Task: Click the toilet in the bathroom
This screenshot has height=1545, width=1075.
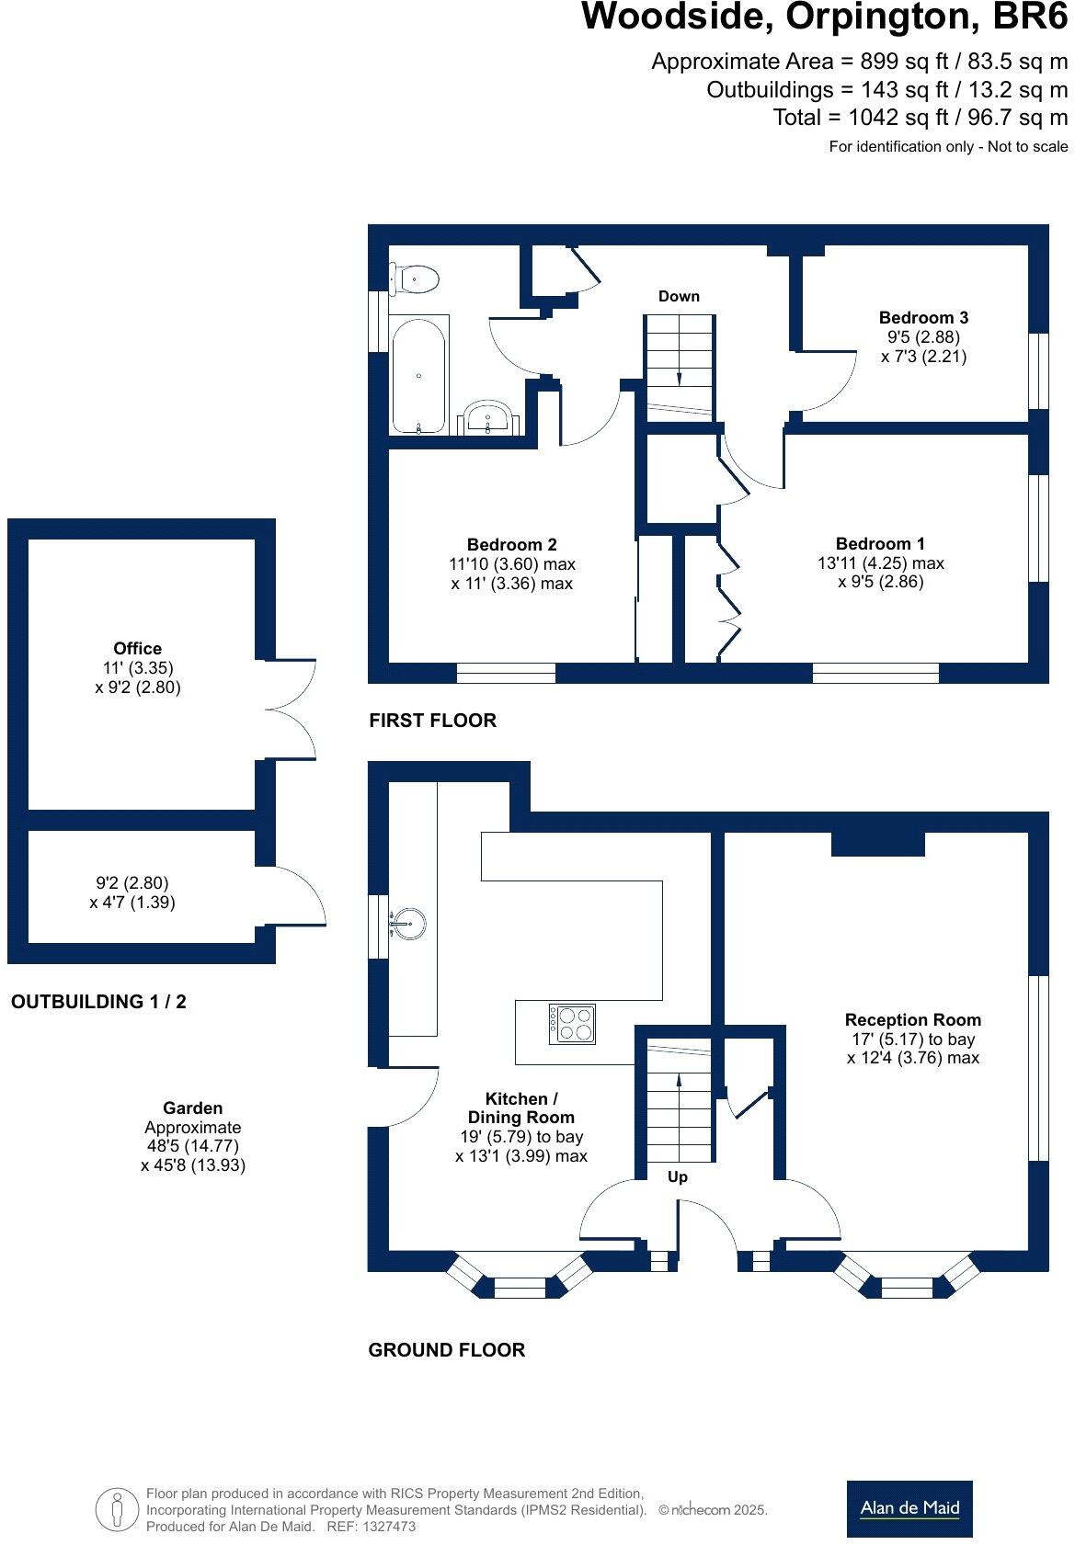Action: (x=415, y=278)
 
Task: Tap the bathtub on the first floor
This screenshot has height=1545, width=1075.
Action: (x=418, y=374)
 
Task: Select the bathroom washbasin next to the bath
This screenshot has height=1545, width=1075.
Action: (x=488, y=417)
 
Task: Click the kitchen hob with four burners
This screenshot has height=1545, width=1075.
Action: (x=572, y=1023)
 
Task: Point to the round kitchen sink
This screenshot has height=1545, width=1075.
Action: (x=407, y=921)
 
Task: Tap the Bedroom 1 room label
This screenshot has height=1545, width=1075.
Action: (x=880, y=544)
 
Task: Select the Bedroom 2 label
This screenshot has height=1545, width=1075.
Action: (x=511, y=545)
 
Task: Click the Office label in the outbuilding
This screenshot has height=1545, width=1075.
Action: (x=138, y=649)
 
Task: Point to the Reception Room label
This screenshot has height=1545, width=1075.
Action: (x=912, y=1019)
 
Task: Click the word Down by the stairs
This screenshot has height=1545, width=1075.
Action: (x=679, y=296)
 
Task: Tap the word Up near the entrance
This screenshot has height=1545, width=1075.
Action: (x=678, y=1177)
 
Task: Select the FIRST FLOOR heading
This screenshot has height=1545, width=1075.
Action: (x=432, y=721)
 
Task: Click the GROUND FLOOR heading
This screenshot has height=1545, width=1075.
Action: (x=446, y=1350)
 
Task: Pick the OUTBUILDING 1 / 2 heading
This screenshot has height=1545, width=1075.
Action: (x=98, y=1002)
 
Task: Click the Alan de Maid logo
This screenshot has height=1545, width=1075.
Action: (x=909, y=1508)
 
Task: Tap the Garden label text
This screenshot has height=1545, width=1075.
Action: (x=193, y=1108)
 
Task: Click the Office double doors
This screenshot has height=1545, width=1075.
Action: (x=290, y=710)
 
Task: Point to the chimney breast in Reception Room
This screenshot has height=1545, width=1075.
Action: (x=877, y=844)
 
